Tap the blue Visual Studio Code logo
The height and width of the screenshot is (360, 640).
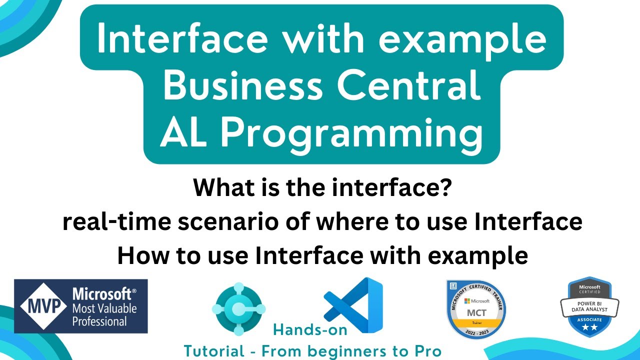click(353, 305)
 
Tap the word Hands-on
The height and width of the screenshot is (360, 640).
click(310, 329)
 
